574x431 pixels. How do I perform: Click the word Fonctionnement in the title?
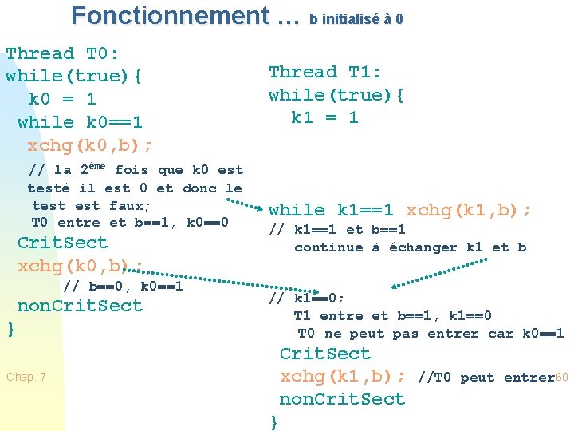(x=170, y=15)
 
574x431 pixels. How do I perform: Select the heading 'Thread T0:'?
(x=62, y=54)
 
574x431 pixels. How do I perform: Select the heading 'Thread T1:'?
(x=325, y=72)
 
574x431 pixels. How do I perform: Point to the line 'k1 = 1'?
(x=324, y=117)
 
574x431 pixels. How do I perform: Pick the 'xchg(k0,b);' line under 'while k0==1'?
(x=91, y=145)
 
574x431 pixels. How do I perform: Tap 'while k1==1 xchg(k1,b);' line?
(x=400, y=211)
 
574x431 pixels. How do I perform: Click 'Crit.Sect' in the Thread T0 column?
(x=62, y=243)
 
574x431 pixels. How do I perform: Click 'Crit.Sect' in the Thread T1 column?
(x=324, y=354)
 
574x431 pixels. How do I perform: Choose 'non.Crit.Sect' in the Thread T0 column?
(x=80, y=306)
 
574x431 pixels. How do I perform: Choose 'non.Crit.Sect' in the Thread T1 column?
(x=342, y=399)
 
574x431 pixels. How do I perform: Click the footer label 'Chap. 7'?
(x=26, y=377)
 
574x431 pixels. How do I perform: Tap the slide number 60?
(x=561, y=377)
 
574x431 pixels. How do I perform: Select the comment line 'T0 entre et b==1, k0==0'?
(x=130, y=223)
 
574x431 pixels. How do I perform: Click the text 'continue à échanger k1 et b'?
(x=410, y=247)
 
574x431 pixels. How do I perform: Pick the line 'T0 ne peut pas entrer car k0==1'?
(x=431, y=334)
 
